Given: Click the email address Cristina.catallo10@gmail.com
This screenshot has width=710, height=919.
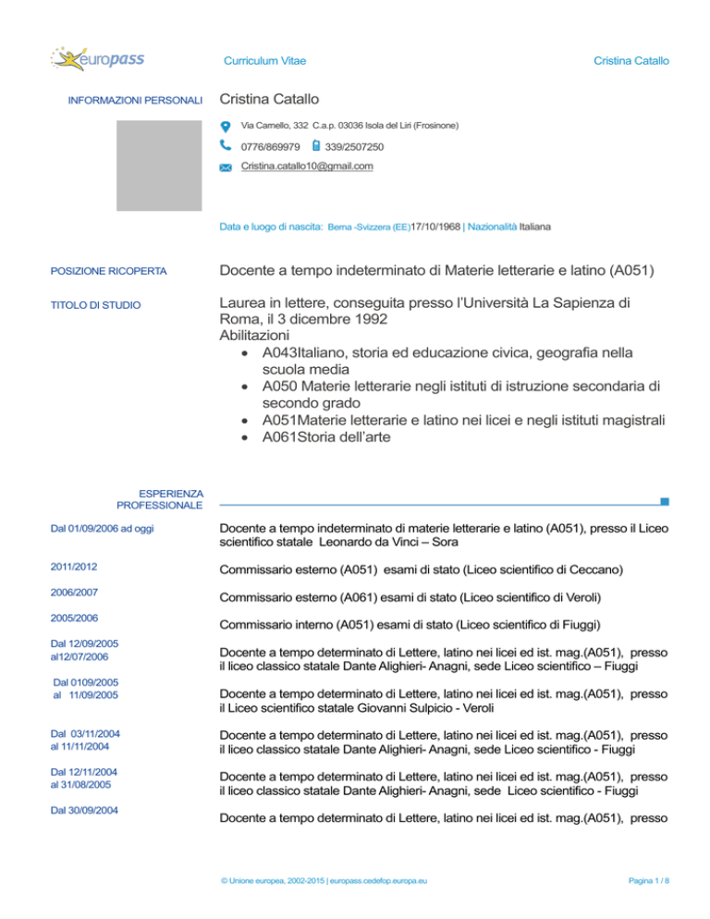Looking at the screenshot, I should tap(307, 166).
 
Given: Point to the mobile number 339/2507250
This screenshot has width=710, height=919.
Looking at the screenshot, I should tap(355, 146).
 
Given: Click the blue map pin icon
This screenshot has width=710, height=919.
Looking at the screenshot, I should tap(226, 126).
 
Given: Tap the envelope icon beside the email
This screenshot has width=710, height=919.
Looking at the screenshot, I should tap(226, 167).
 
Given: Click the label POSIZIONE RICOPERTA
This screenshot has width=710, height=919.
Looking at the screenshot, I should tap(108, 272).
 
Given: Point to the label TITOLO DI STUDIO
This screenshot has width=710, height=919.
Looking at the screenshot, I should tap(95, 303).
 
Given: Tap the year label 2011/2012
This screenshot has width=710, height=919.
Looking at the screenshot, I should tap(74, 565).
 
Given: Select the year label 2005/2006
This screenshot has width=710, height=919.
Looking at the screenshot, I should tap(74, 617).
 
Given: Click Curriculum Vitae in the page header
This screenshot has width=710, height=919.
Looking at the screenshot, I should tap(265, 61).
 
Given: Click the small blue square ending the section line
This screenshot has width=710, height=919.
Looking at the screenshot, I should tap(666, 503).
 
